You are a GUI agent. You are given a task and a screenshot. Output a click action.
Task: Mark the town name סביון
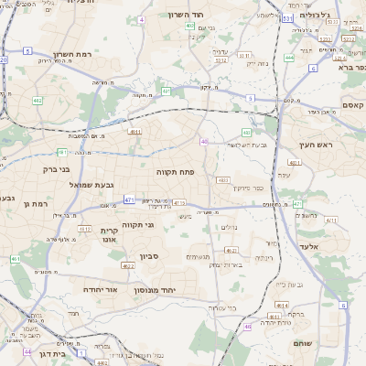[x=150, y=256]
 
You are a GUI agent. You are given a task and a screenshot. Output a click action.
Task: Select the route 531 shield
[x=287, y=18]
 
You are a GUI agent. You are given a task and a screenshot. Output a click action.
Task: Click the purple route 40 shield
[x=204, y=141]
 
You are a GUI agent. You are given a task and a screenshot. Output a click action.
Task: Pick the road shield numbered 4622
[x=128, y=265]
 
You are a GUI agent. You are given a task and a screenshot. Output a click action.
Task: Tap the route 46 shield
[x=248, y=327]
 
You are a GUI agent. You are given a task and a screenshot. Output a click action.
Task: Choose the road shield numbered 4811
[x=135, y=134]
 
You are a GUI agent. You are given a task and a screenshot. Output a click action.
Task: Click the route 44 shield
[x=28, y=351]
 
